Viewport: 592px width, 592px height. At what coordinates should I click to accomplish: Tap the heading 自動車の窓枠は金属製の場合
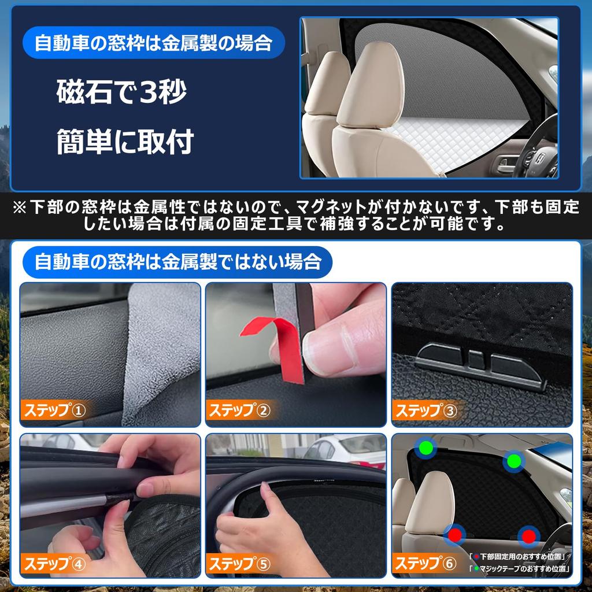coord(153,43)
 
